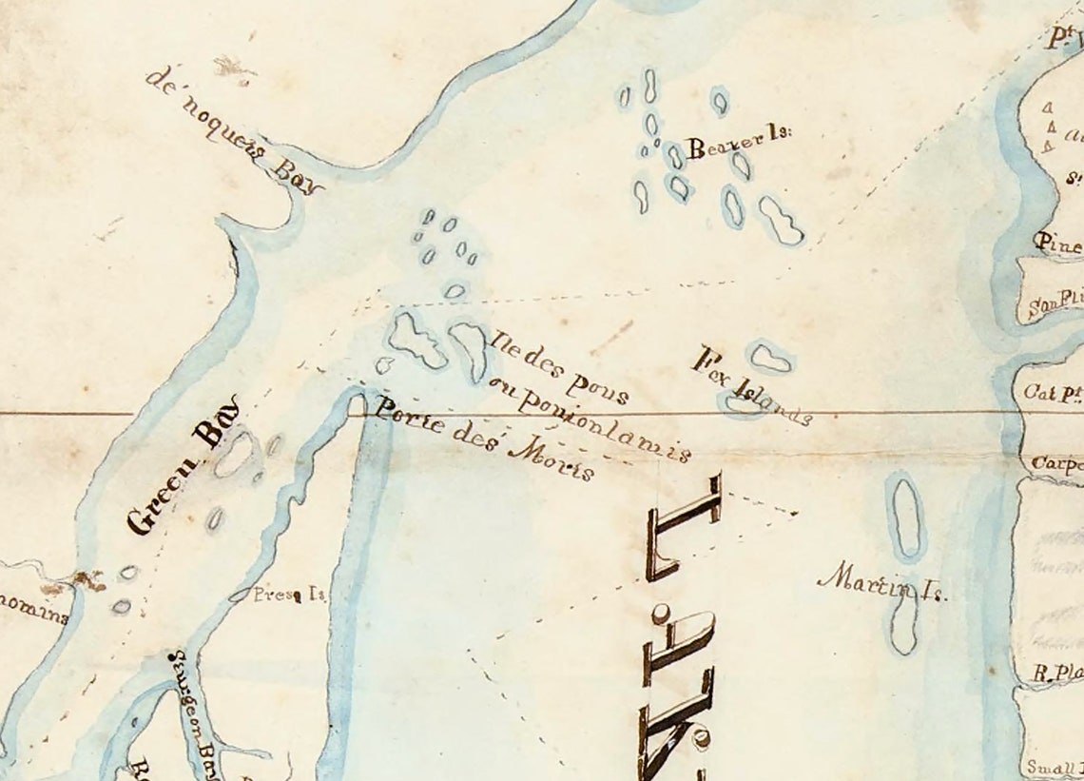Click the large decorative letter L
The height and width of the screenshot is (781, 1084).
(685, 528)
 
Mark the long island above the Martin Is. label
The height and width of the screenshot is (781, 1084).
(904, 517)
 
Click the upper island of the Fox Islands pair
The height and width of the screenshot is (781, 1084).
(770, 358)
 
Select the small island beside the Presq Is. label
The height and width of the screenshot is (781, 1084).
(239, 596)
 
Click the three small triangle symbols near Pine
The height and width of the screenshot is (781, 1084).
(1049, 127)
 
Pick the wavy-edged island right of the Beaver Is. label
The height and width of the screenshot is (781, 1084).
(781, 221)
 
